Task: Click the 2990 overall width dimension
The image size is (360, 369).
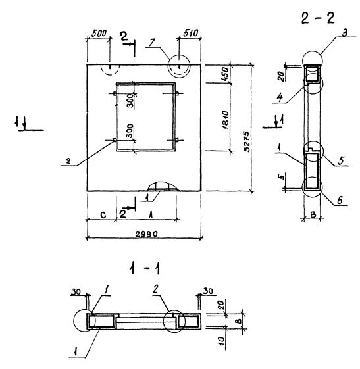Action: click(146, 234)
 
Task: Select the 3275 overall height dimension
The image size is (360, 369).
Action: click(247, 141)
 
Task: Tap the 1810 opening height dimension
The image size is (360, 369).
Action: click(226, 120)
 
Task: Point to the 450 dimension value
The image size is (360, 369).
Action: click(225, 74)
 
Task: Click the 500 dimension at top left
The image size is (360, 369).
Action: click(99, 34)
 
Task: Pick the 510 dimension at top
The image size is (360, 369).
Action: click(190, 33)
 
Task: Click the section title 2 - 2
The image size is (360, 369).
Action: click(318, 18)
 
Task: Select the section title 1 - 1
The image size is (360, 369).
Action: click(144, 268)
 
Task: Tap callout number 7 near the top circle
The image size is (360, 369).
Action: click(152, 43)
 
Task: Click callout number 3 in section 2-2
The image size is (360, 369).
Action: click(344, 33)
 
